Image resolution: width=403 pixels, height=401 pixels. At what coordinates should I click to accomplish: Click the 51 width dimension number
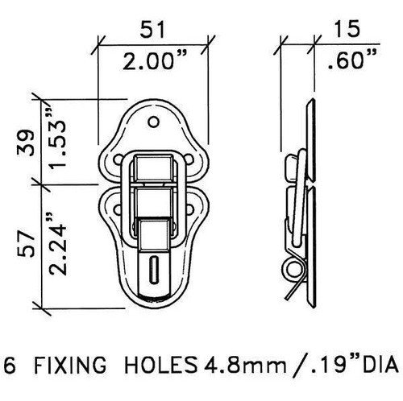tap(152, 29)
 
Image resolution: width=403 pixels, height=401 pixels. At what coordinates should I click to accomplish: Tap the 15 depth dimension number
tap(347, 29)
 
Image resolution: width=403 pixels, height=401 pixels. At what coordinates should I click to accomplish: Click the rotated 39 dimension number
tap(26, 143)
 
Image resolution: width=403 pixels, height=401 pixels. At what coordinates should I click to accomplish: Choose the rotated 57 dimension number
tap(26, 245)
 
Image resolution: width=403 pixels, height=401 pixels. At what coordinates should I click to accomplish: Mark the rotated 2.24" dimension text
tap(57, 244)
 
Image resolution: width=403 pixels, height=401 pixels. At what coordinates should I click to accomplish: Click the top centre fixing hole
tap(154, 122)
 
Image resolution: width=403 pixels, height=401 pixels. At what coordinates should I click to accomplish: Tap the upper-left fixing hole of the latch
tap(118, 159)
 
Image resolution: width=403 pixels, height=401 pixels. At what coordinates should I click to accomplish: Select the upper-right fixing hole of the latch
tap(189, 159)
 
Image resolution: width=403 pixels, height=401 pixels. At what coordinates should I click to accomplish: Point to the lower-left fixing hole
tap(118, 209)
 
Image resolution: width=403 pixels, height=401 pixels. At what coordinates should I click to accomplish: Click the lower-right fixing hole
tap(189, 209)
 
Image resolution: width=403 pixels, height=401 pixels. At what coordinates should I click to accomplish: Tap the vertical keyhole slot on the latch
tap(154, 270)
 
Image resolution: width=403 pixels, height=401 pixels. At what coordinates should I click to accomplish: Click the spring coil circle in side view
tap(293, 269)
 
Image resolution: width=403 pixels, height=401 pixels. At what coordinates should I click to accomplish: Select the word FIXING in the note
tap(70, 365)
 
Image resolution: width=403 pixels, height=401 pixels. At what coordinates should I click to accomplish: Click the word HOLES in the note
tap(160, 365)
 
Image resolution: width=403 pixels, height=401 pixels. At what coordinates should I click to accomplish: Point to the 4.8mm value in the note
tap(245, 366)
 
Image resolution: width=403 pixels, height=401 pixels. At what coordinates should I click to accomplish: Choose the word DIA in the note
tap(380, 365)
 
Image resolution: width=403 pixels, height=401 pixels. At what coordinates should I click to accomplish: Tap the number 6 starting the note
tap(10, 365)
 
